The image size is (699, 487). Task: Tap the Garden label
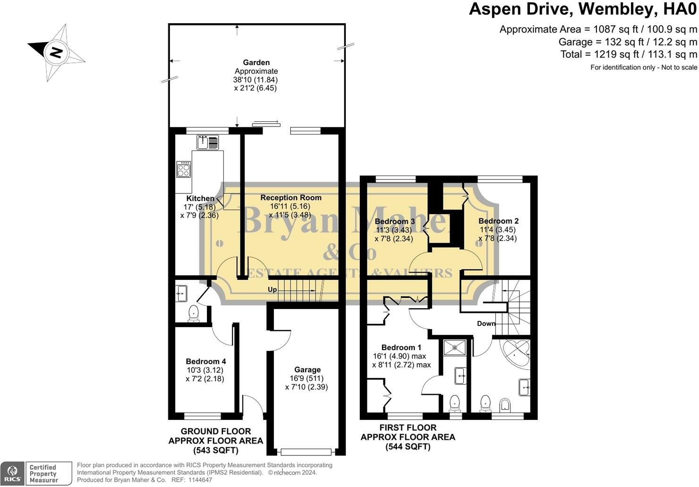[x=256, y=63]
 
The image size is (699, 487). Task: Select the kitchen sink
[x=208, y=142]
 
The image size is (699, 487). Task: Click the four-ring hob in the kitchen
[x=183, y=169]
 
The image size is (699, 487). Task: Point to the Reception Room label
[x=291, y=198]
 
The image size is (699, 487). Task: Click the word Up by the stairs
[x=272, y=290]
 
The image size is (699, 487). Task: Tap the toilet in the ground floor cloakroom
[x=194, y=313]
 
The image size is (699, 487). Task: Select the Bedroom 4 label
[x=205, y=361]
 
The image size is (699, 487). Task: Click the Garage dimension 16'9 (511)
[x=307, y=378]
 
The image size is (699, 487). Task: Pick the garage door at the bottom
[x=306, y=452]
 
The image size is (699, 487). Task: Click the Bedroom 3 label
[x=395, y=221]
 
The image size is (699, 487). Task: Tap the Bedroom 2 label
[x=499, y=221]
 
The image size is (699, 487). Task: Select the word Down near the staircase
[x=486, y=324]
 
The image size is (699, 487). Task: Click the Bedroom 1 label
[x=401, y=347]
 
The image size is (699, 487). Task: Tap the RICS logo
[x=12, y=473]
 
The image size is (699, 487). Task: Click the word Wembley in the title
[x=620, y=9]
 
